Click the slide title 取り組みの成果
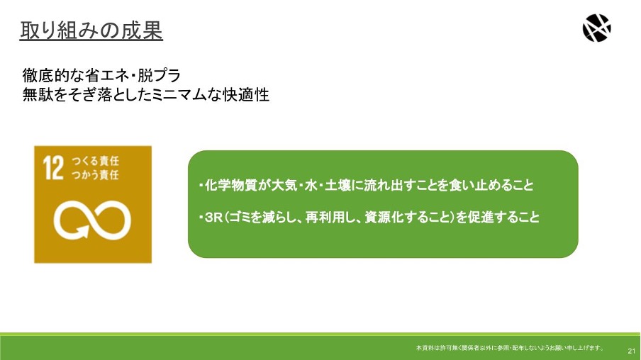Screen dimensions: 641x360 (91, 30)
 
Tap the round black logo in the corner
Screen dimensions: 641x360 (596, 28)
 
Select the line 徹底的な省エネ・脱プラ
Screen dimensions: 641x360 (101, 76)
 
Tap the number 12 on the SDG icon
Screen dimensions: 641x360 (54, 167)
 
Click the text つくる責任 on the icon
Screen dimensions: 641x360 (95, 161)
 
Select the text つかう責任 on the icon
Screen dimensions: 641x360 (95, 175)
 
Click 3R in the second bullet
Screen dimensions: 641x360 (213, 218)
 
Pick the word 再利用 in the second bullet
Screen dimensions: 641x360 (325, 217)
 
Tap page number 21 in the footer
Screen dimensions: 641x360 (632, 351)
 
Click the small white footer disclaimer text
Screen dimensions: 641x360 (510, 348)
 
